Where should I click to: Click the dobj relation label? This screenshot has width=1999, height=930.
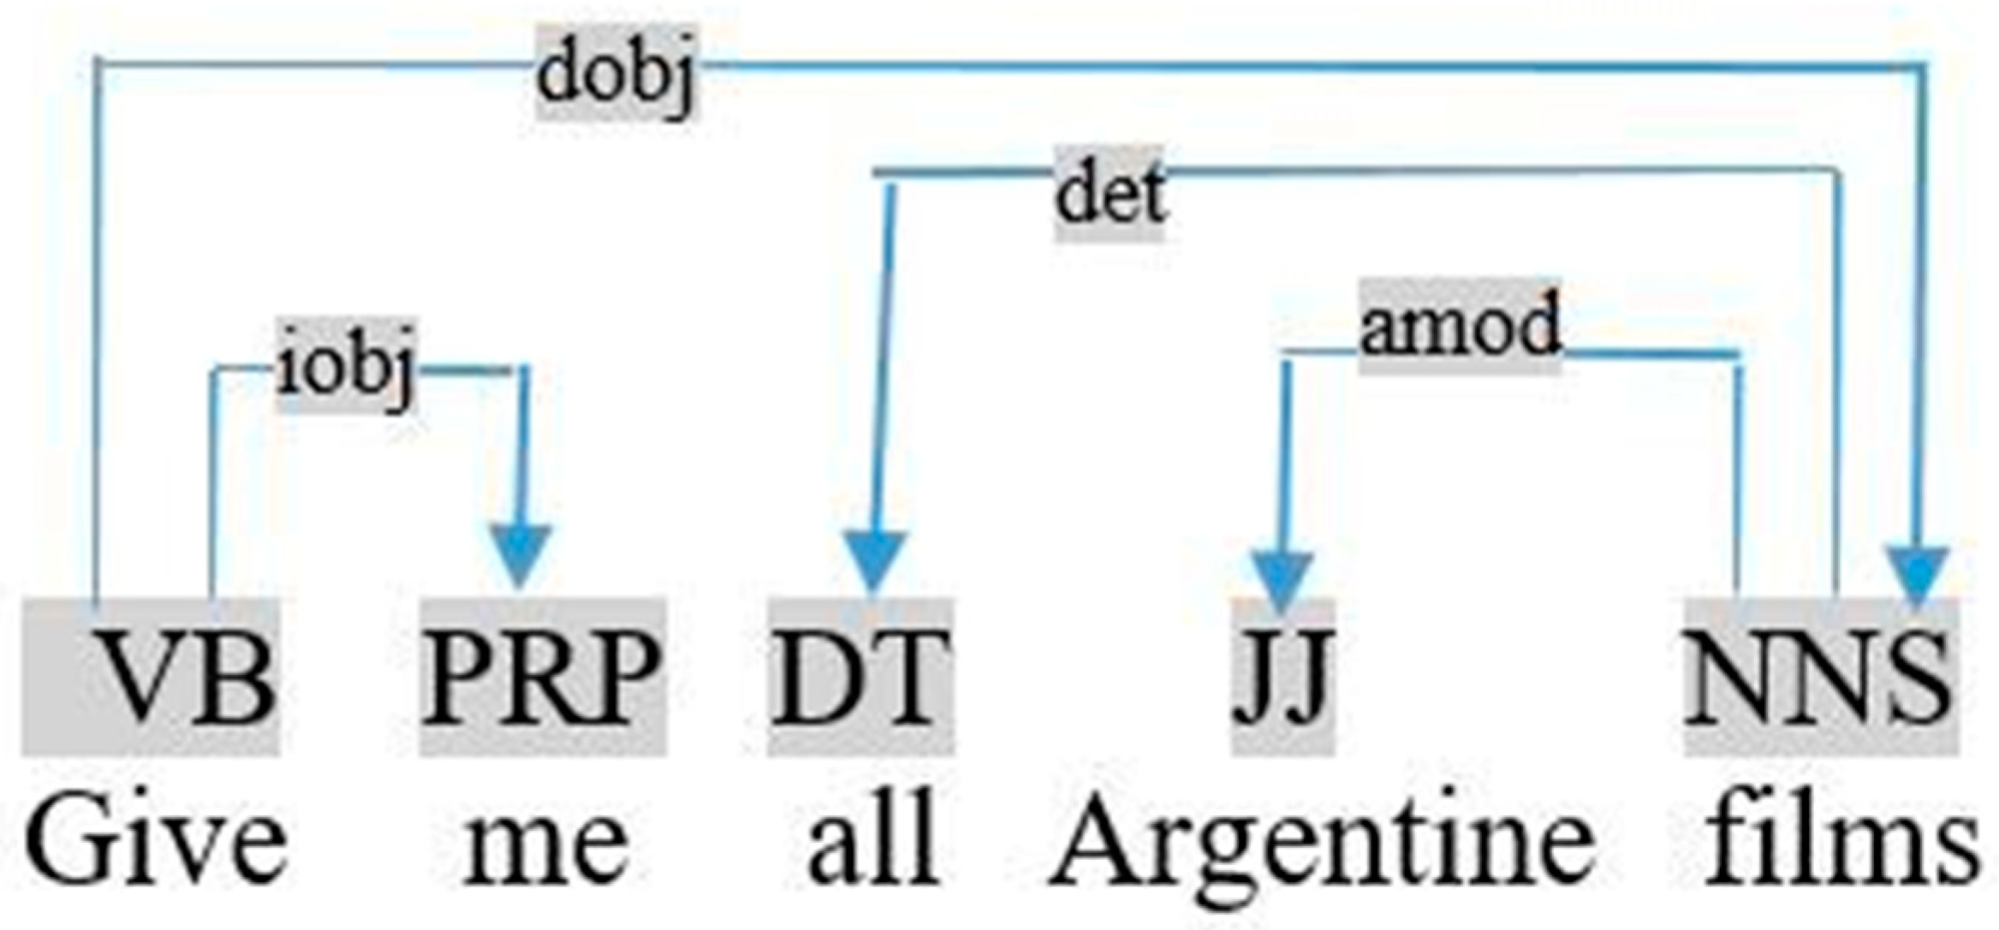[x=616, y=75]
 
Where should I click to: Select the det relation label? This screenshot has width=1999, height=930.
[x=1110, y=195]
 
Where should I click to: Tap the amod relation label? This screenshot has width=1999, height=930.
[x=1461, y=327]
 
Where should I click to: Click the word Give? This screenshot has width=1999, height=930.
[x=154, y=843]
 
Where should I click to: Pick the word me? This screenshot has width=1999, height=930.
[x=544, y=843]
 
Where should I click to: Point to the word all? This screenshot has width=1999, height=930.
[x=873, y=843]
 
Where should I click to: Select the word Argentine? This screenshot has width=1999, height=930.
[x=1323, y=843]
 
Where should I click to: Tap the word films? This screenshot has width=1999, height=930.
[x=1841, y=843]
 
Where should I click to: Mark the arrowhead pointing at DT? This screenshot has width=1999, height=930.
[x=874, y=560]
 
